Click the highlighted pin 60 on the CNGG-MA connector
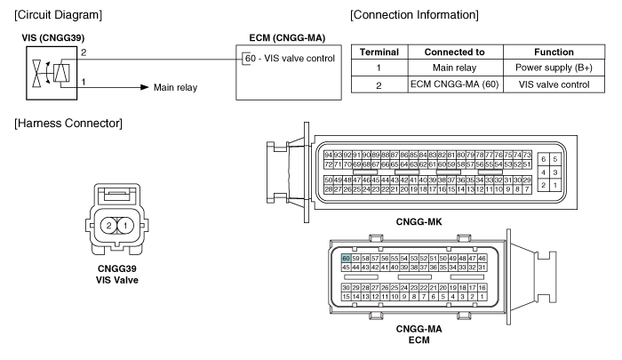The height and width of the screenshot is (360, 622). point(346,259)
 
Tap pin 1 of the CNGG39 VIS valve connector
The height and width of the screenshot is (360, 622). point(125,226)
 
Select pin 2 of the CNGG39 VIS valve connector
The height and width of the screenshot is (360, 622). point(108,226)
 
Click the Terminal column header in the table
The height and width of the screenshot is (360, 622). point(379,52)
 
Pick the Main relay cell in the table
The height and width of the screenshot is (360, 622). point(454,68)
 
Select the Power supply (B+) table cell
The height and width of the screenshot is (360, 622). point(554,68)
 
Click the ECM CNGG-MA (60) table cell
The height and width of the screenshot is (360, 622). point(455,84)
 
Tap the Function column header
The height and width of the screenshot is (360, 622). point(554,52)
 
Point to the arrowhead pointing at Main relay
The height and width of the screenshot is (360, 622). point(145,87)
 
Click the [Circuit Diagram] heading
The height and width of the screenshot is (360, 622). point(59,15)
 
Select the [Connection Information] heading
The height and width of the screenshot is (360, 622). point(414,15)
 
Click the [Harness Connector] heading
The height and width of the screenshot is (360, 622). point(68,124)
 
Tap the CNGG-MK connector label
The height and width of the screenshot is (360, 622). point(419,221)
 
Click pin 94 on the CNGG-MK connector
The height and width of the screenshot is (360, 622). point(328,155)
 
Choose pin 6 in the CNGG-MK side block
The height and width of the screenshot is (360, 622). point(544,159)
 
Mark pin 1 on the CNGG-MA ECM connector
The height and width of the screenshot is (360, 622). point(482,297)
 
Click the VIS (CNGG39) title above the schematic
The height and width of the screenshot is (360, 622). point(53,38)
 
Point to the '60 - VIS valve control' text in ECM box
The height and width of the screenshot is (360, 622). point(290,59)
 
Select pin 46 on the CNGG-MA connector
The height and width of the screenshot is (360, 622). point(482,259)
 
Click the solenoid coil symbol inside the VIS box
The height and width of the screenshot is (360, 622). point(61,73)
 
